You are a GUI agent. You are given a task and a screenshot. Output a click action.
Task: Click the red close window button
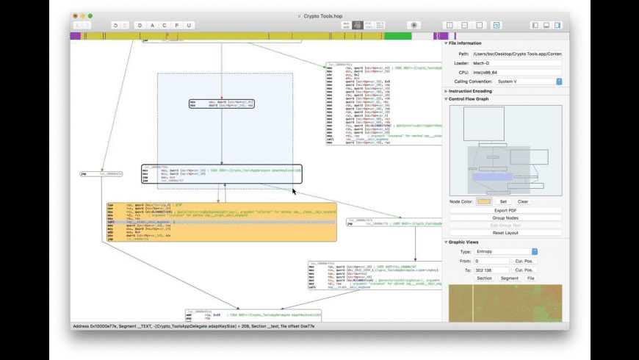click(74, 15)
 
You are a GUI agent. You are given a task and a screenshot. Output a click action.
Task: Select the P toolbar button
click(177, 25)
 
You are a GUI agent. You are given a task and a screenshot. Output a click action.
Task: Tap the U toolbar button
click(189, 25)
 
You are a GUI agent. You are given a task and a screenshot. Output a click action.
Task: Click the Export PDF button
click(505, 211)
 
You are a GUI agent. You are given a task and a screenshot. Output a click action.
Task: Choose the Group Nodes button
click(505, 218)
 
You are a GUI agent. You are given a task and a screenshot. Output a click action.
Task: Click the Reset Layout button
click(505, 233)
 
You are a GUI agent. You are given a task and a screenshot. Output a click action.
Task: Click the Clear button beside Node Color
click(523, 201)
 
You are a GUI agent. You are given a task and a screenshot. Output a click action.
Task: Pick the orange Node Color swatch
click(484, 201)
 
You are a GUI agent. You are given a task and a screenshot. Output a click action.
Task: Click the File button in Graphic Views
click(530, 278)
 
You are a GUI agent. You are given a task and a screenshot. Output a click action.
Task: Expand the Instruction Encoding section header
click(477, 90)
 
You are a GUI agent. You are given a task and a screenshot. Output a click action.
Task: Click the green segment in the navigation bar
click(397, 35)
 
